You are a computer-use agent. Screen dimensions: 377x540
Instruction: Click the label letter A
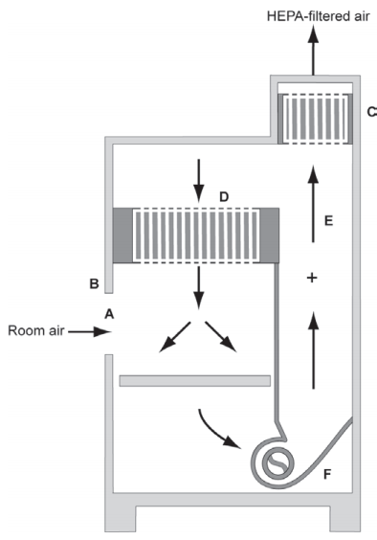pos(109,314)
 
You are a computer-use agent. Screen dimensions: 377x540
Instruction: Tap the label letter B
pos(94,284)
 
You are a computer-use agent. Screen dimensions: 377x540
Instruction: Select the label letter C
pos(372,112)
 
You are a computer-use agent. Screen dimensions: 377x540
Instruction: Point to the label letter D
pos(224,197)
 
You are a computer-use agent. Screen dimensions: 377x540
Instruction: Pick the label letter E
pos(329,220)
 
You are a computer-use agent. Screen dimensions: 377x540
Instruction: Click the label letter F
pos(327,474)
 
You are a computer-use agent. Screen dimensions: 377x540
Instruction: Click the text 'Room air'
pos(36,330)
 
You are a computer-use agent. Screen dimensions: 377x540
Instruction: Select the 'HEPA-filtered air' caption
pos(319,16)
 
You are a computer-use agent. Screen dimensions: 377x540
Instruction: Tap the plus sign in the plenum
pos(312,278)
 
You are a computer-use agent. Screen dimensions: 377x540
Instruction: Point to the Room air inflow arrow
pos(90,332)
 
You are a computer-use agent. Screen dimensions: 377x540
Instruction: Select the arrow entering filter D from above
pos(198,180)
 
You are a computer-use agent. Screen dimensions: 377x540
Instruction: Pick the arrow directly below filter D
pos(198,287)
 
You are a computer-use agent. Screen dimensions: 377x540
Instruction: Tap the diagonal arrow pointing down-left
pos(175,337)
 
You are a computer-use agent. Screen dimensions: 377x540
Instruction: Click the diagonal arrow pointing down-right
pos(221,337)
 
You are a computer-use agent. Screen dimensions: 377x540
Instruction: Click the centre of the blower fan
pos(278,463)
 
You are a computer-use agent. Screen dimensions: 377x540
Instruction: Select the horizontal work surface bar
pos(195,381)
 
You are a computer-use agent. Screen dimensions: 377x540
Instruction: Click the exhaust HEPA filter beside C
pos(315,119)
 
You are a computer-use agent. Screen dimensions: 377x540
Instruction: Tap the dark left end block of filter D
pos(122,236)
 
